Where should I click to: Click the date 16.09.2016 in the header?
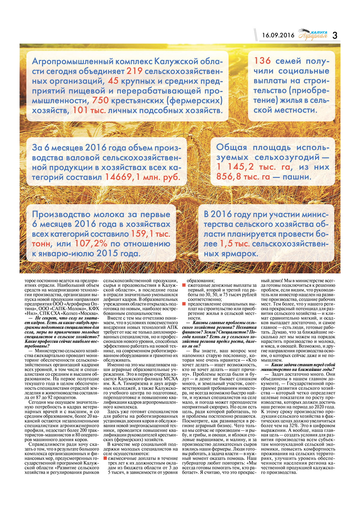(278, 35)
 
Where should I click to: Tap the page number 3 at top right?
(335, 35)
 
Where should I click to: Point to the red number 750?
(100, 100)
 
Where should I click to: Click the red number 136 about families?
(262, 61)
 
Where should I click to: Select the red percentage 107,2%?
(91, 244)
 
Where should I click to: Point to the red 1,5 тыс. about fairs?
(234, 244)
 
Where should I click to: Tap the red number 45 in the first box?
(113, 81)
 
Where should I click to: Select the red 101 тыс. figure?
(89, 110)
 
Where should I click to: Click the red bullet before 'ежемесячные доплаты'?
(105, 458)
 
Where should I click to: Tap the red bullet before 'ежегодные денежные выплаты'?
(184, 285)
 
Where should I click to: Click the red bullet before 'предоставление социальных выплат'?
(184, 304)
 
